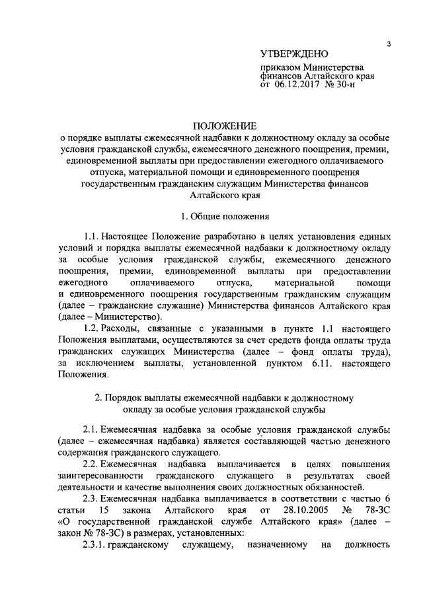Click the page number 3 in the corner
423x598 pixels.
[x=390, y=44]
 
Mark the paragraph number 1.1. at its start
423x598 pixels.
[x=95, y=236]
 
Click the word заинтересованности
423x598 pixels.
[x=99, y=476]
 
